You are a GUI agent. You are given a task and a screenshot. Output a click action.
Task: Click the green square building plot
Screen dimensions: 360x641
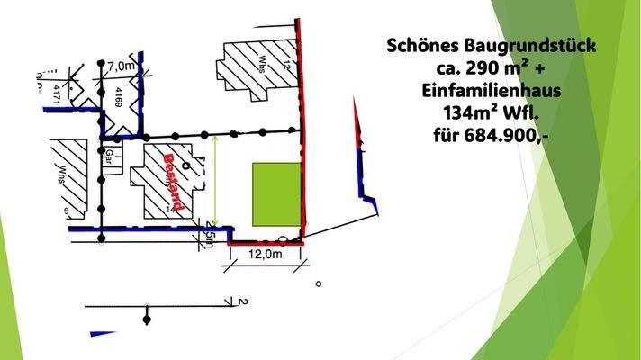click(276, 195)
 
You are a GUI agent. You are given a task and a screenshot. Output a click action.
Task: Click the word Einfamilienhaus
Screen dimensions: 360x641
click(492, 90)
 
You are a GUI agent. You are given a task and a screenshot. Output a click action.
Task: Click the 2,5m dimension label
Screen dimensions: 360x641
click(211, 236)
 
